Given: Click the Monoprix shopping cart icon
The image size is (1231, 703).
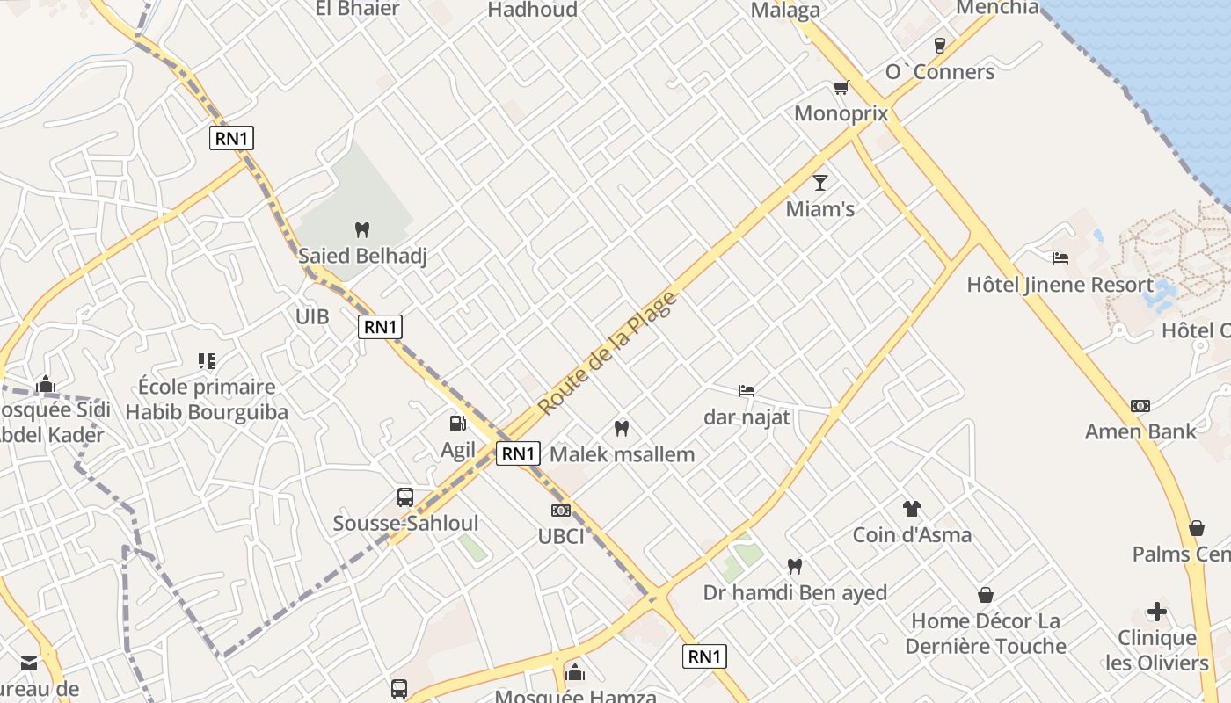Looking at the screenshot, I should coord(841,87).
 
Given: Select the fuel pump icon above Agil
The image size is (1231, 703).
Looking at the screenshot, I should coord(457,424).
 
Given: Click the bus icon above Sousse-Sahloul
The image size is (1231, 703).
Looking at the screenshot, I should coord(404,497).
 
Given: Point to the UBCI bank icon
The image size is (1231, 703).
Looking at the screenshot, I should coord(560,511).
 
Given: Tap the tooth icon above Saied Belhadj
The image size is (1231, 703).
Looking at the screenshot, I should coord(361,230).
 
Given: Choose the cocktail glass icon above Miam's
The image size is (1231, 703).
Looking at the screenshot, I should coord(820,183).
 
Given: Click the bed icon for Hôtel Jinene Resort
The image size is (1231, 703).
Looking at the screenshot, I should coord(1060,257).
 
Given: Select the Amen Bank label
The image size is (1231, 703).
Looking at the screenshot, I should coord(1140,431).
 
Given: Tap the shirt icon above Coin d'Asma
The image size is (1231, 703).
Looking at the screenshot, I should coord(912,509).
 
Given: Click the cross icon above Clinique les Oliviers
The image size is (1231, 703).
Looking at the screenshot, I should coord(1157,612).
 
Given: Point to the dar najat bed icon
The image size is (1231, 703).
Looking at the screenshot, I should coord(747,391).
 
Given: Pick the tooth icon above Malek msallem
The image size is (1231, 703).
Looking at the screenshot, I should coord(622,429).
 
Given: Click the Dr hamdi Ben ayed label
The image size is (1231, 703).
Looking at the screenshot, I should coord(795,593).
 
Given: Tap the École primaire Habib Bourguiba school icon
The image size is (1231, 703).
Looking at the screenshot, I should coord(207,361).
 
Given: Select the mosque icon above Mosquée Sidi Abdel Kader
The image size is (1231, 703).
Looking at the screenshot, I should coord(46,385).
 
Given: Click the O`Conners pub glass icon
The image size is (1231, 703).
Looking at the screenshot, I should coord(940,46).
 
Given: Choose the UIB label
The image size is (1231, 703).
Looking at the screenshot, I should coord(312,316).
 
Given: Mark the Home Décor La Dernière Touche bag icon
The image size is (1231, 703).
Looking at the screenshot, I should coord(986,595).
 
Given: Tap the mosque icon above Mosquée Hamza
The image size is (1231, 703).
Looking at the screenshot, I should coord(575,673).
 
